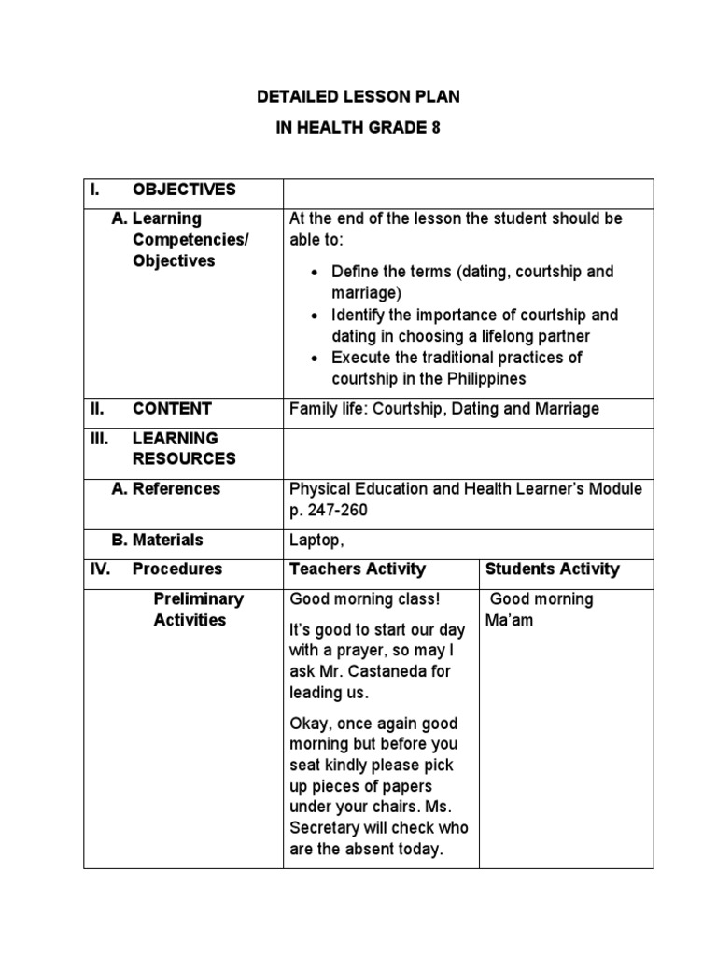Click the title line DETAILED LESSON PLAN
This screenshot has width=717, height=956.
tap(358, 96)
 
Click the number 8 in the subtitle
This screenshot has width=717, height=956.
tap(434, 128)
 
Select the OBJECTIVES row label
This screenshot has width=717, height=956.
tap(184, 190)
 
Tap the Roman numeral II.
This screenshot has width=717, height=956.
tap(98, 408)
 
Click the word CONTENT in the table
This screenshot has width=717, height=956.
tap(172, 408)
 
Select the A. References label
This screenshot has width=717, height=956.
tap(165, 488)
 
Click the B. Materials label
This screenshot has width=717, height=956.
tap(156, 540)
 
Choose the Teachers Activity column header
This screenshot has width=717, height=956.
tap(358, 569)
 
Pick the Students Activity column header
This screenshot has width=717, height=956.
tap(553, 569)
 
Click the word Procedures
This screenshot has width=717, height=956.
tap(177, 569)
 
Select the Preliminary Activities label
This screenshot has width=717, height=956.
tap(198, 609)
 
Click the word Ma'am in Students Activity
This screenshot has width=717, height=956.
tap(510, 620)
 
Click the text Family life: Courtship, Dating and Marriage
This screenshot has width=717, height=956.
tap(444, 408)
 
